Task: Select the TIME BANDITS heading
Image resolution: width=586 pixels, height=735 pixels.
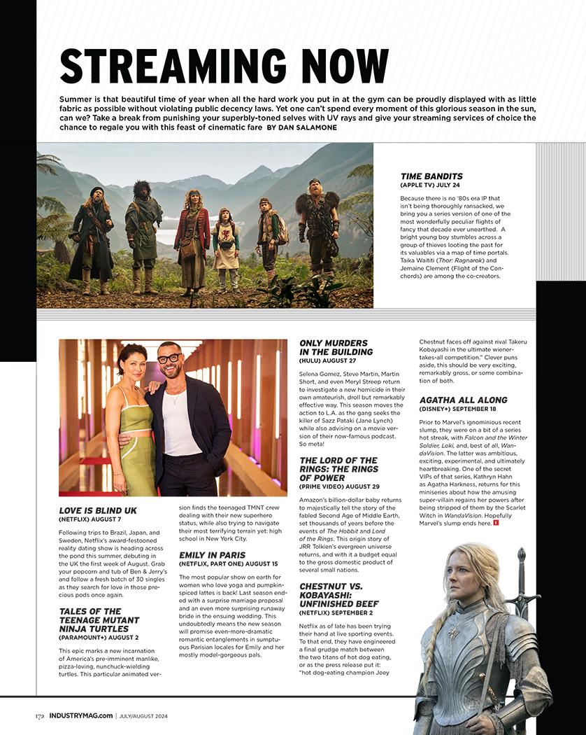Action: [431, 176]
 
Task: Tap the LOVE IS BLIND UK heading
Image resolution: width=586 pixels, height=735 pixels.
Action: [98, 510]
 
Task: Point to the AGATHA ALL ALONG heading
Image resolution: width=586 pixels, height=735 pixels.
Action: [464, 399]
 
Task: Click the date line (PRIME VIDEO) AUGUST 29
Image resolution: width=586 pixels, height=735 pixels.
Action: [339, 486]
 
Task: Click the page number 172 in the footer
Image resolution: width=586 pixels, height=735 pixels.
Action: [41, 715]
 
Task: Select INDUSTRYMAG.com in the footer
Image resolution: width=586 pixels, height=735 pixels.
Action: [80, 715]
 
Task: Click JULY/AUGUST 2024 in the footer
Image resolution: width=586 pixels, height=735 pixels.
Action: [143, 715]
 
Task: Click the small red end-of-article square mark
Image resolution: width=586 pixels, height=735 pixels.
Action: [495, 521]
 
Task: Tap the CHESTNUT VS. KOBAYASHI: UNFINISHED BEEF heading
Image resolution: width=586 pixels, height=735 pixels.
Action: [339, 594]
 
